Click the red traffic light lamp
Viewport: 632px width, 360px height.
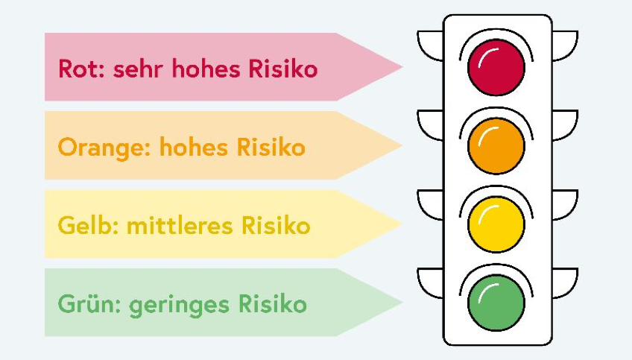(496, 67)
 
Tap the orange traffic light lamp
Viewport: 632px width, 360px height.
(496, 146)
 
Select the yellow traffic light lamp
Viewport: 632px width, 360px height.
(496, 224)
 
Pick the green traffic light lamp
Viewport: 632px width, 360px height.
(496, 303)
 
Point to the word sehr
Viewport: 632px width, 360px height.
(138, 69)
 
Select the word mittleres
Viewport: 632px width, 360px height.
(180, 225)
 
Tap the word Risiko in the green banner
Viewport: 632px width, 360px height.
(273, 304)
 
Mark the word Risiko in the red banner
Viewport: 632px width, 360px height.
(283, 69)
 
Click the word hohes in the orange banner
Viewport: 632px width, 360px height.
(194, 147)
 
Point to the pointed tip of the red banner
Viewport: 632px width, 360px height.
(402, 67)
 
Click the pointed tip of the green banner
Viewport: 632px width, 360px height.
(402, 303)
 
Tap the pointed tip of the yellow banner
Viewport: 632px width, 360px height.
(402, 224)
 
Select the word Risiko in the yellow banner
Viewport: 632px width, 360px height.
(276, 225)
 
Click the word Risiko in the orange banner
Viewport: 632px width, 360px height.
(271, 147)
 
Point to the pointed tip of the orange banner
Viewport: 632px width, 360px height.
(402, 145)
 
